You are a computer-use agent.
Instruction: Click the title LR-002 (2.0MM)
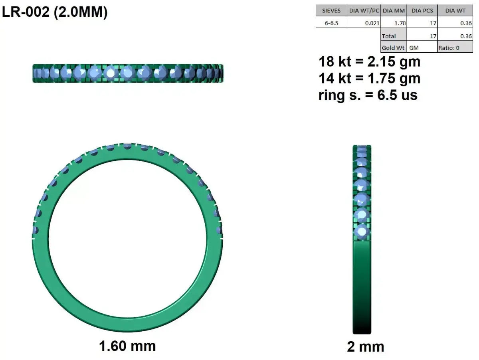click(x=55, y=12)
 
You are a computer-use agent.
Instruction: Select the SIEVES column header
click(x=331, y=11)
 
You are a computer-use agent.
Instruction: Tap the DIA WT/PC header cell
click(x=364, y=11)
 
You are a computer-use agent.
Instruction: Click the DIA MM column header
click(x=394, y=11)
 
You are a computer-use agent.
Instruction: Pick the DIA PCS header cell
click(x=422, y=11)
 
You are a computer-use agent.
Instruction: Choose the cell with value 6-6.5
click(x=331, y=23)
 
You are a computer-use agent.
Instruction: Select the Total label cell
click(x=389, y=36)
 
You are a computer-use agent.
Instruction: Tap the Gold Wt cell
click(x=393, y=48)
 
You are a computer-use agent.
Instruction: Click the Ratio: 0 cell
click(x=449, y=48)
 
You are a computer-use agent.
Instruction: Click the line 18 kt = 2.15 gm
click(x=369, y=62)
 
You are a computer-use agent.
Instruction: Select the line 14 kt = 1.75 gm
click(x=369, y=78)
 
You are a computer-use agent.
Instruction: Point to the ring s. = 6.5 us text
click(x=368, y=95)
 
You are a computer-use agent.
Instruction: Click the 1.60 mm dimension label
click(x=127, y=346)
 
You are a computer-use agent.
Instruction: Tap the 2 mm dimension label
click(x=365, y=347)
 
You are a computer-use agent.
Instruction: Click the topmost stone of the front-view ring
click(x=127, y=146)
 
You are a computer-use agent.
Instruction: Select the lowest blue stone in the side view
click(x=362, y=231)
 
